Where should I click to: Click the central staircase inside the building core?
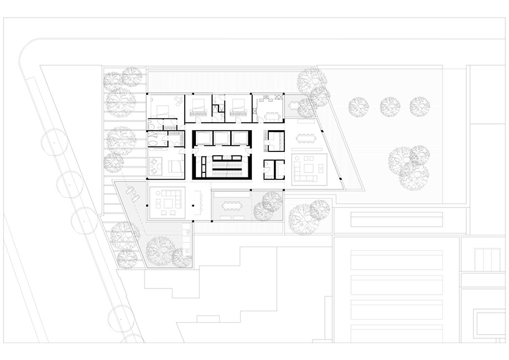[222, 163]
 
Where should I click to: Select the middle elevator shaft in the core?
[222, 138]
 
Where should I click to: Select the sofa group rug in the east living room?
[309, 168]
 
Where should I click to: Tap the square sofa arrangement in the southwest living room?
[168, 202]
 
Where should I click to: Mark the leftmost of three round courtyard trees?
[358, 107]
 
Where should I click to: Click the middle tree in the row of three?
[390, 107]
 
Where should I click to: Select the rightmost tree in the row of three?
[419, 106]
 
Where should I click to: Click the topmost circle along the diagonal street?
[54, 144]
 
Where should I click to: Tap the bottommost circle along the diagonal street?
[122, 320]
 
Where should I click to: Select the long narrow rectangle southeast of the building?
[396, 219]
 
